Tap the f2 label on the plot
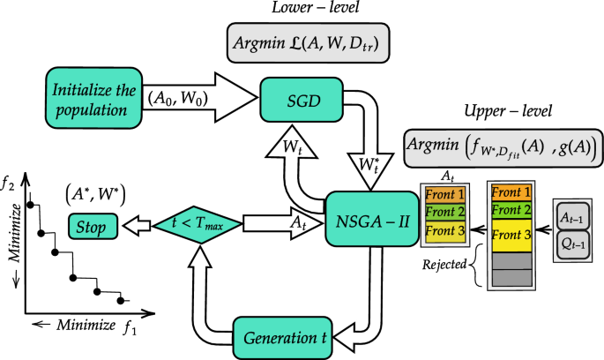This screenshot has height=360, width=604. [9, 186]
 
